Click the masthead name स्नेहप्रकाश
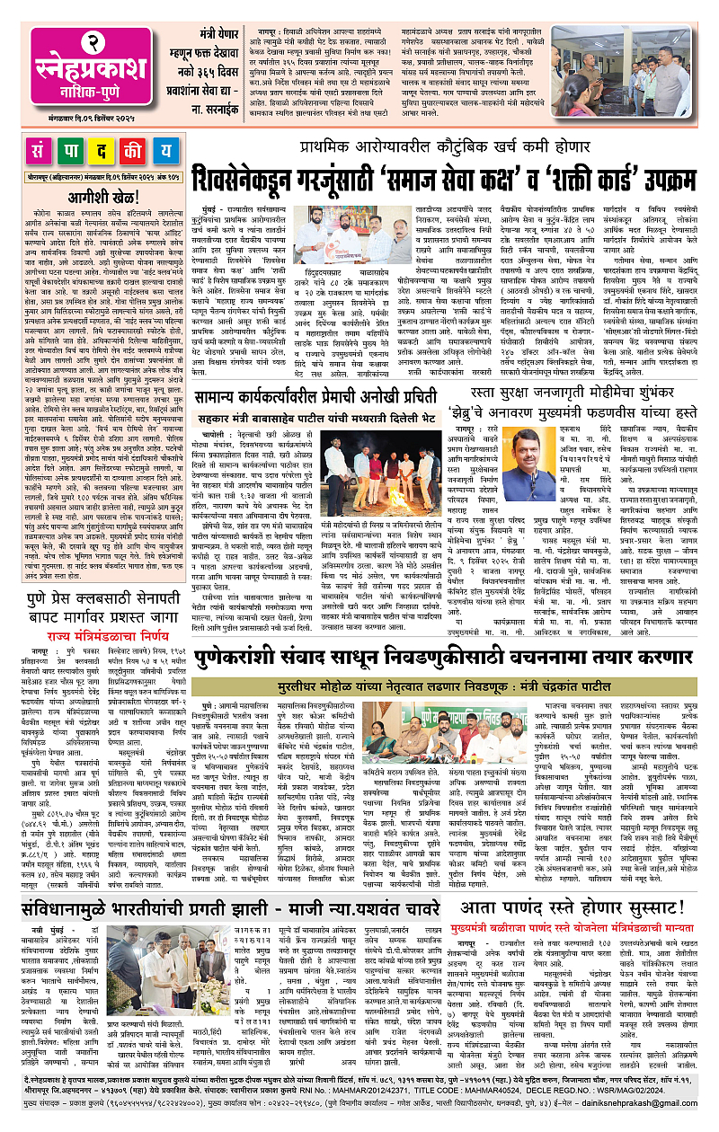(x=84, y=63)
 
